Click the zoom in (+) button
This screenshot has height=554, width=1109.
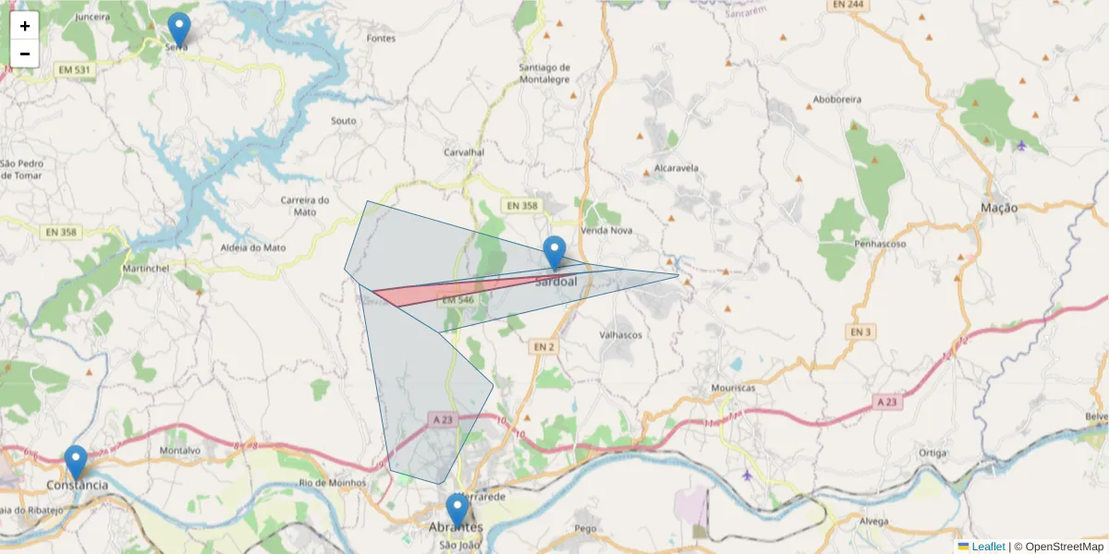25,26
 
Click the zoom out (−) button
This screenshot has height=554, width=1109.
25,54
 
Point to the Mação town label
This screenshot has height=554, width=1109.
998,208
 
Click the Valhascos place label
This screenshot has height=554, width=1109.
620,335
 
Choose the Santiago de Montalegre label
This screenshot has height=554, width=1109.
544,73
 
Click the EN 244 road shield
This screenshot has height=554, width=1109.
847,5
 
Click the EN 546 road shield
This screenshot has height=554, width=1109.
457,300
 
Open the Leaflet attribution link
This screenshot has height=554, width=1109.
987,547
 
